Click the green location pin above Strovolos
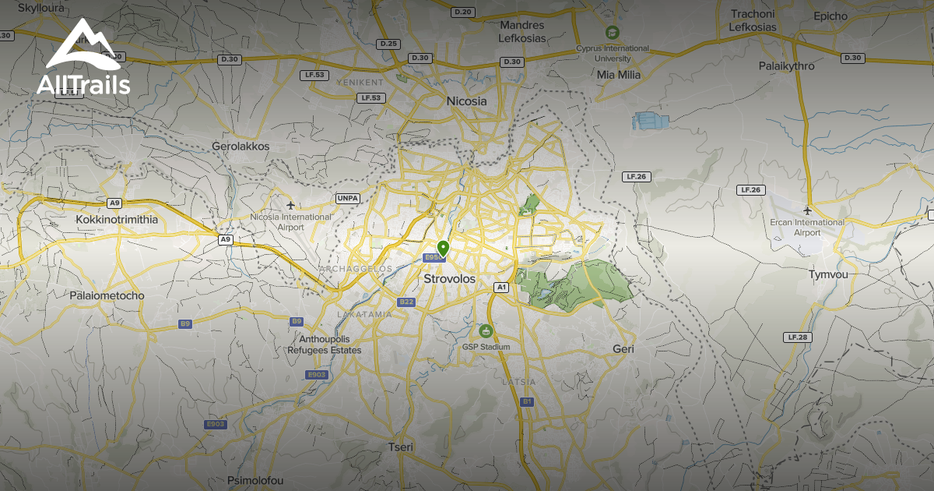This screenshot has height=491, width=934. pyautogui.click(x=443, y=249)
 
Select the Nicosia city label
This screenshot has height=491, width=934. pyautogui.click(x=466, y=101)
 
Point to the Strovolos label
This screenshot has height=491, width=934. pyautogui.click(x=449, y=278)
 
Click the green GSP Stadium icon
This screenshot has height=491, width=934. pyautogui.click(x=486, y=331)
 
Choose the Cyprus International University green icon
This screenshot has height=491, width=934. pyautogui.click(x=613, y=33)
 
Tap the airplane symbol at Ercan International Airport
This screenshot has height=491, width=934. pyautogui.click(x=808, y=210)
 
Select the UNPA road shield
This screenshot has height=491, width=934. pyautogui.click(x=347, y=198)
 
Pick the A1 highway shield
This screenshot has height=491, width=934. pyautogui.click(x=501, y=288)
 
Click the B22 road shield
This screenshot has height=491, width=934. pyautogui.click(x=406, y=302)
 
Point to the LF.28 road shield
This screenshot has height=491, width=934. pyautogui.click(x=799, y=337)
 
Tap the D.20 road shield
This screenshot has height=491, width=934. pyautogui.click(x=462, y=12)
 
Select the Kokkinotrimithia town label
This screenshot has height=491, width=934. pyautogui.click(x=117, y=220)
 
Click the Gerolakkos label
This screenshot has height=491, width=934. pyautogui.click(x=241, y=146)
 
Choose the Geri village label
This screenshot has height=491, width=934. pyautogui.click(x=623, y=349)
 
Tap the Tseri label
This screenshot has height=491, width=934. pyautogui.click(x=401, y=447)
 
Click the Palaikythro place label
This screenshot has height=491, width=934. pyautogui.click(x=787, y=66)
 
